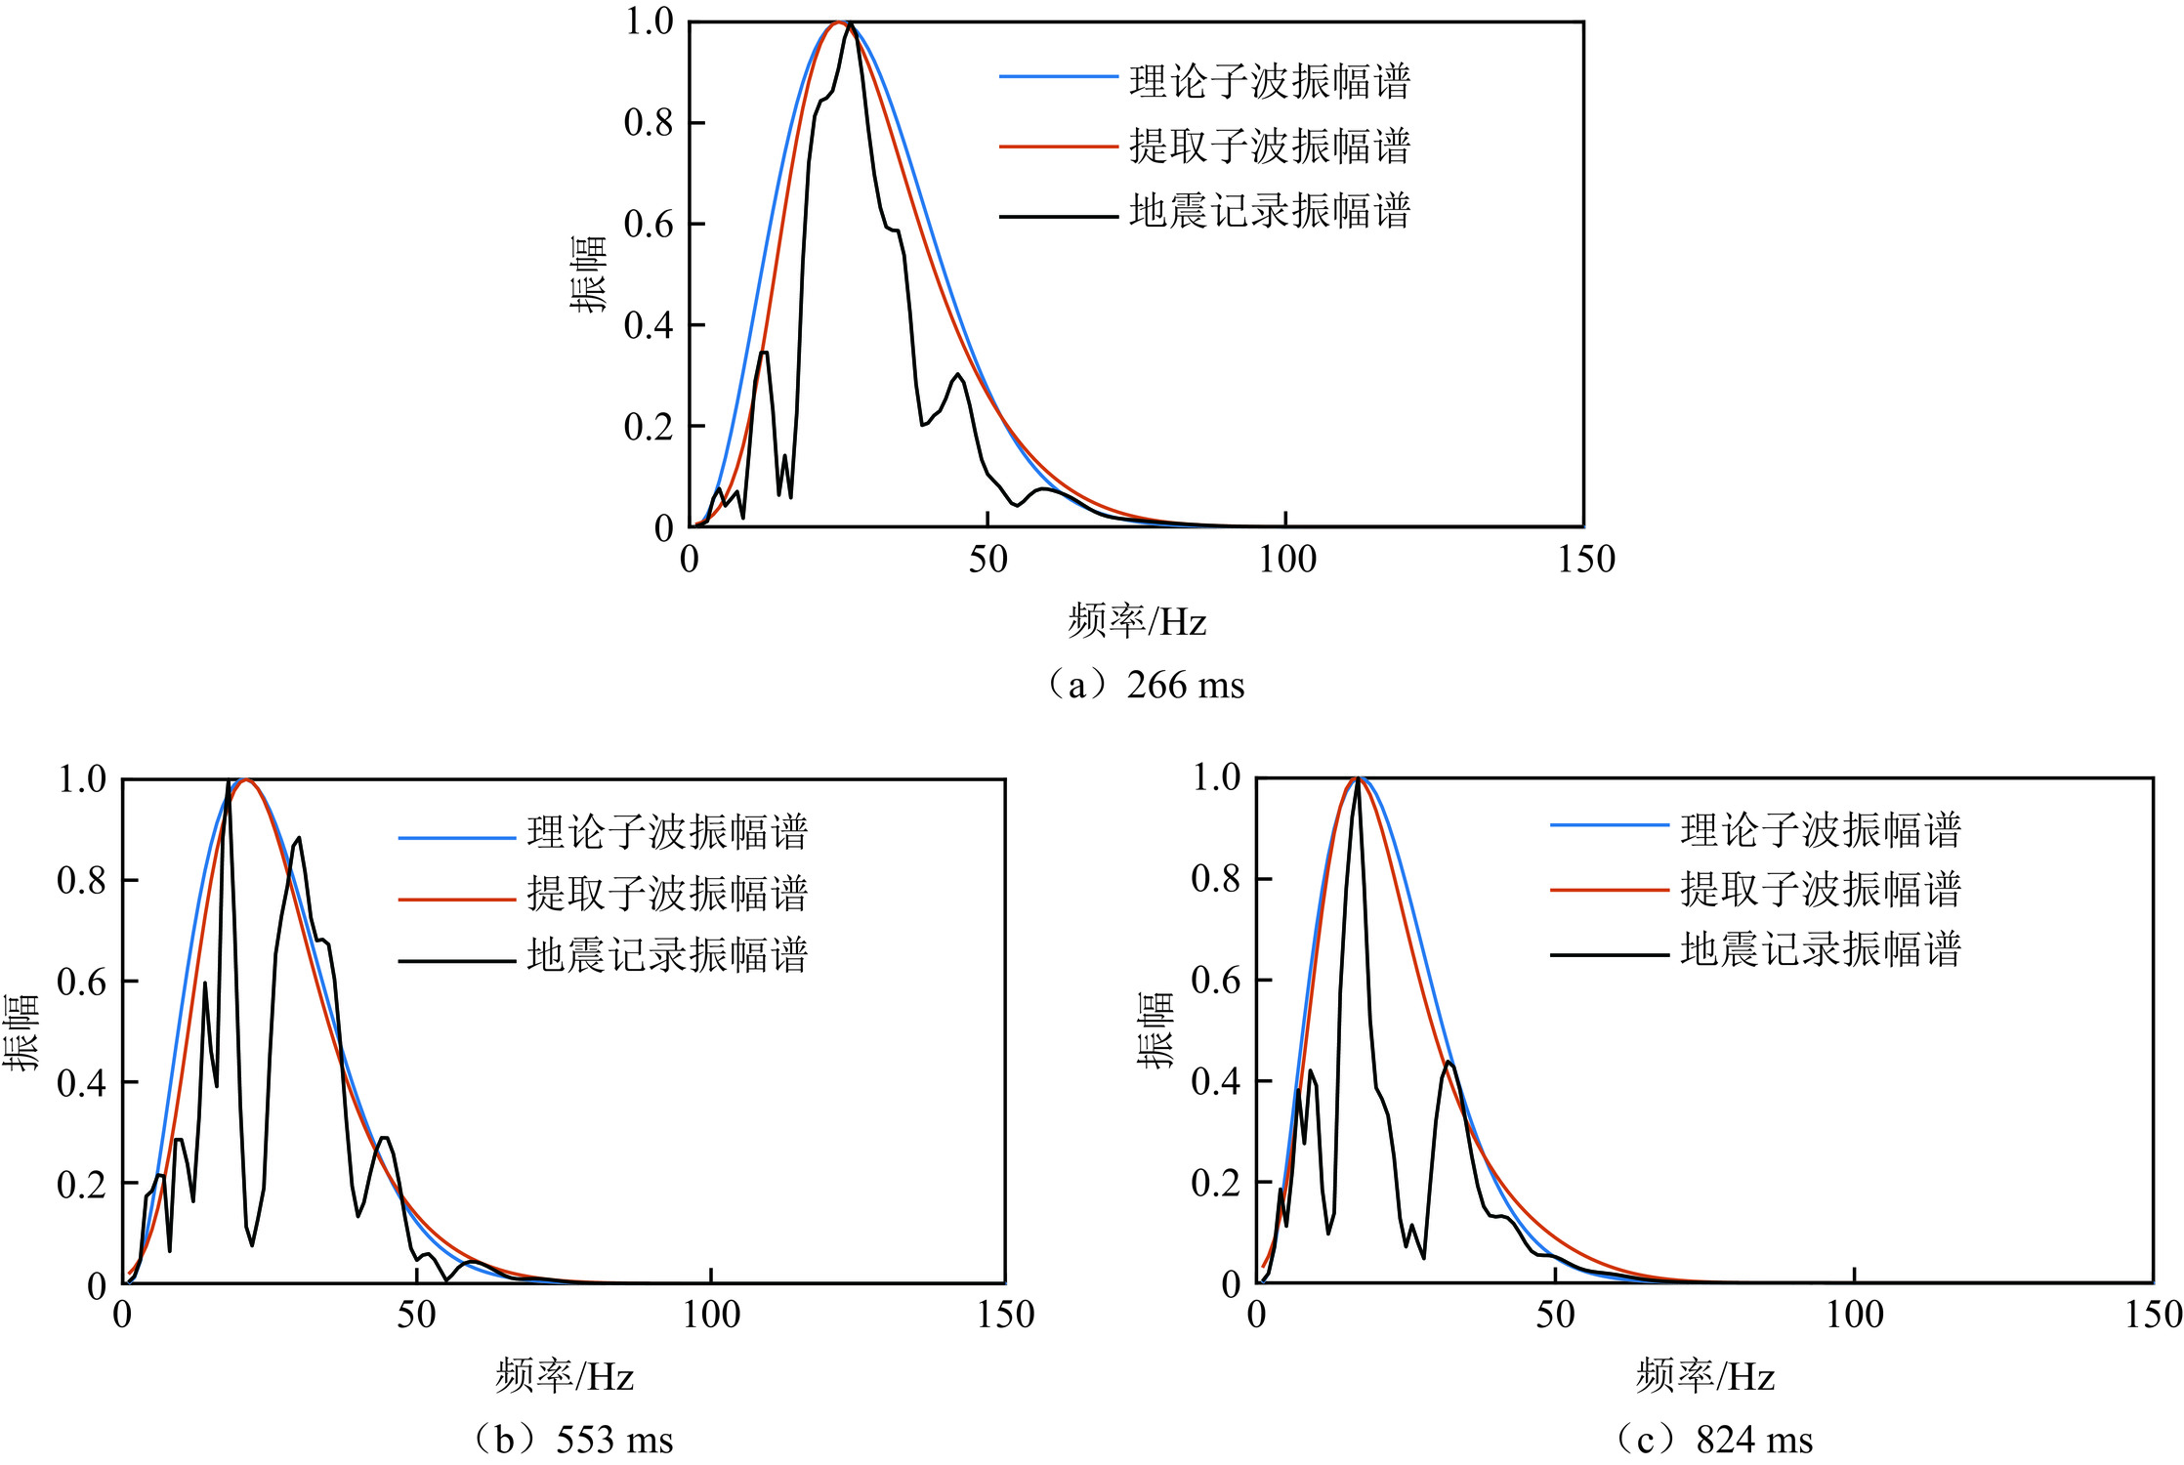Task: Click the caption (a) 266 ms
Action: pos(1146,686)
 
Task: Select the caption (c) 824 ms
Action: pos(1714,1440)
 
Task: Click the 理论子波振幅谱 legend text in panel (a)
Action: pos(1270,81)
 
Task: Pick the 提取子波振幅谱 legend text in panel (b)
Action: pos(667,894)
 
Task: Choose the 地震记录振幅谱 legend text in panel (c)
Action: pos(1821,949)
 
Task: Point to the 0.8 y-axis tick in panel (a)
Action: pos(649,123)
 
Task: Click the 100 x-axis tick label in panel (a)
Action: pos(1286,560)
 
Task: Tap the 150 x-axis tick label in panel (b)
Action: pos(1005,1315)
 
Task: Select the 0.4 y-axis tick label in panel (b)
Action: pos(81,1082)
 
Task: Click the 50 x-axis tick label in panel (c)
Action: pos(1555,1315)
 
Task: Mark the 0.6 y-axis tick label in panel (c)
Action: pos(1216,980)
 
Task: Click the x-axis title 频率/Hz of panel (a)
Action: pos(1137,621)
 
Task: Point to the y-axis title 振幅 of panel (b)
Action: pos(20,1032)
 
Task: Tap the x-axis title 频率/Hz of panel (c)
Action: pos(1705,1377)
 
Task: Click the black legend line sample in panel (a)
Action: pos(1058,217)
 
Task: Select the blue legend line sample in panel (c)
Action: pos(1609,826)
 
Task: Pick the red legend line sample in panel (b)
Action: pos(456,899)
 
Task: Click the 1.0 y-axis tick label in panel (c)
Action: pos(1216,777)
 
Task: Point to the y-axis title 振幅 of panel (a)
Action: pos(588,274)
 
